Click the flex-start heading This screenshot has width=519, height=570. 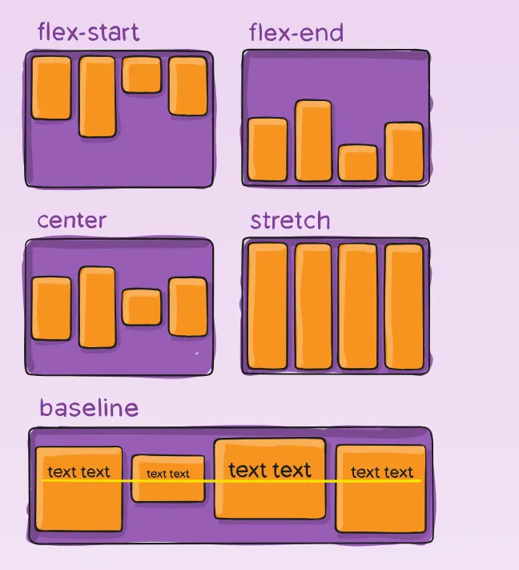88,33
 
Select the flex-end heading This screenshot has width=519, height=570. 296,33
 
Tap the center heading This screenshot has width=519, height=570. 71,220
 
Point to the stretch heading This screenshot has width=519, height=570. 290,220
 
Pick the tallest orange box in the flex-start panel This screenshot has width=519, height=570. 97,96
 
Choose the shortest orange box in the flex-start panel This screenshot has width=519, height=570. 142,75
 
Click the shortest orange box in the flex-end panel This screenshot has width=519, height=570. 357,163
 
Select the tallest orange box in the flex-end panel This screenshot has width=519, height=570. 313,140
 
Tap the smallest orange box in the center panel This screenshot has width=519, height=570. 142,307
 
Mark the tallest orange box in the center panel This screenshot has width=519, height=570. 97,308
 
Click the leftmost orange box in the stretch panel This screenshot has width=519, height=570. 268,306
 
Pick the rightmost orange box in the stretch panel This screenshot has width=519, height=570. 404,306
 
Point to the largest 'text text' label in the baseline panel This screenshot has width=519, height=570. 270,470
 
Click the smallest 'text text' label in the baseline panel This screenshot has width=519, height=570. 168,474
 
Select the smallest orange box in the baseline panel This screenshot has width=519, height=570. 168,479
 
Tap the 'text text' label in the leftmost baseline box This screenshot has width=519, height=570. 78,472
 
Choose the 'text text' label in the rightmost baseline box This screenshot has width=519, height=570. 382,472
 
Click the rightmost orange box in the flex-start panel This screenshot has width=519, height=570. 188,87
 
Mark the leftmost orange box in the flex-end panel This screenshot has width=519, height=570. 268,150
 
